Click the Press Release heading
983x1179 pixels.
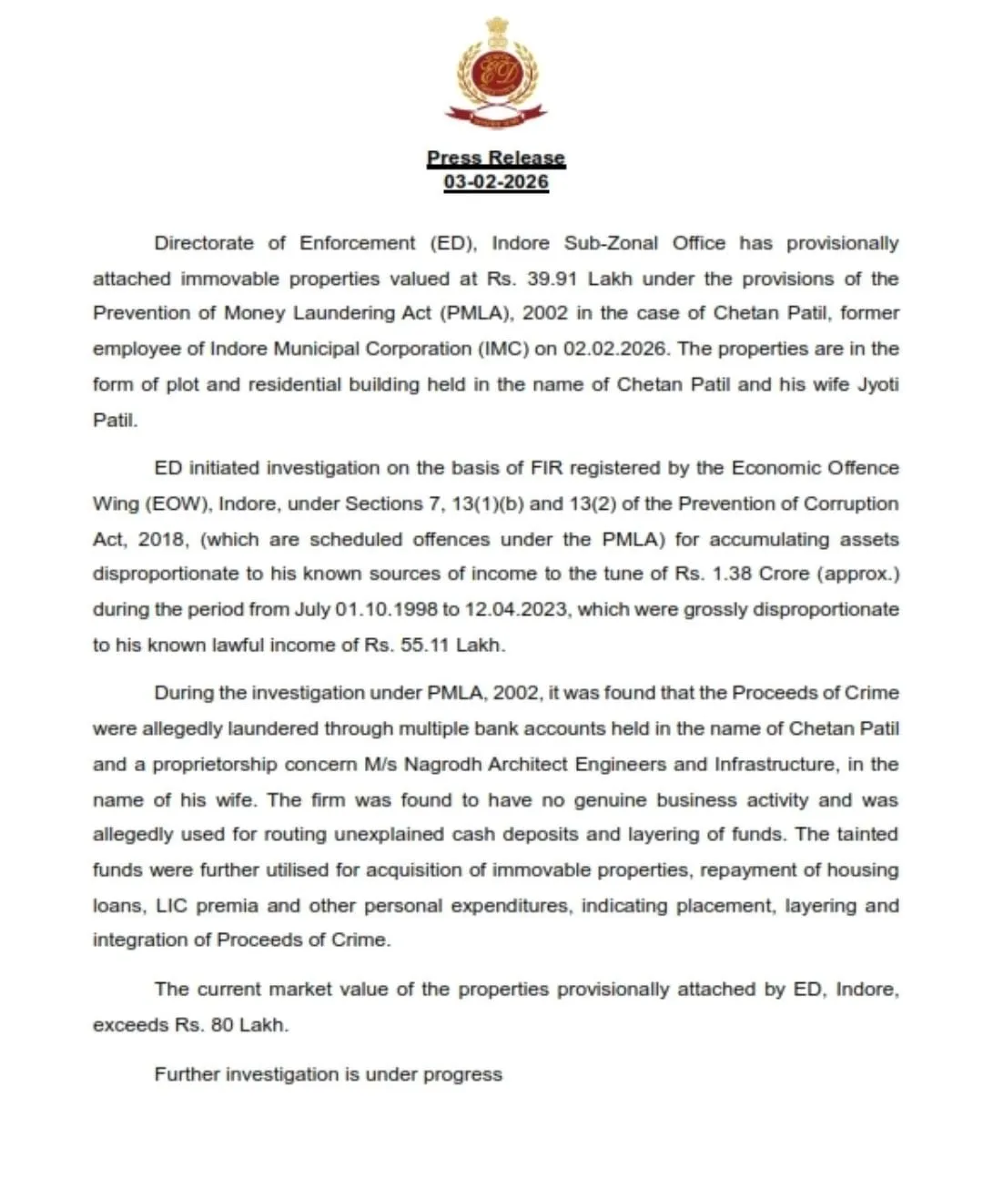(x=496, y=158)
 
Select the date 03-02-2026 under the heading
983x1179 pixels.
(x=496, y=181)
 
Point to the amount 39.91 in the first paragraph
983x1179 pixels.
(x=552, y=279)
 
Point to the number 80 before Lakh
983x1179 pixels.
(x=222, y=1024)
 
